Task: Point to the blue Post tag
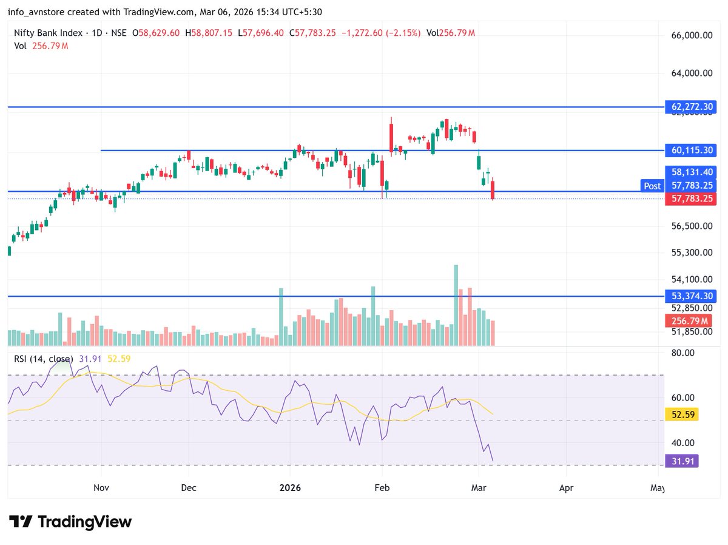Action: tap(652, 186)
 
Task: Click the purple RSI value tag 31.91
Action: tap(682, 461)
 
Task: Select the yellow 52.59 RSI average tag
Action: tap(682, 415)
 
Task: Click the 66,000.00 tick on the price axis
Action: tap(691, 36)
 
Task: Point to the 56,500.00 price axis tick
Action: tap(691, 226)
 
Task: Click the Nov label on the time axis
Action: tap(101, 487)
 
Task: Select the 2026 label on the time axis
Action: tap(289, 487)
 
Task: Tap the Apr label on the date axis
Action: tap(566, 487)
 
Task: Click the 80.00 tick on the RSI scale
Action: tap(682, 353)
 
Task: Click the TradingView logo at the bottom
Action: tap(70, 521)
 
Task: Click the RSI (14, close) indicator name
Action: tap(43, 359)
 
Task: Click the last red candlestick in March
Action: tap(493, 189)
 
